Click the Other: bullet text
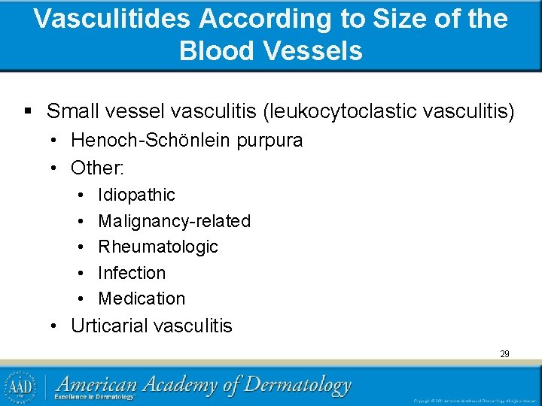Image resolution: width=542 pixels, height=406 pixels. pyautogui.click(x=97, y=166)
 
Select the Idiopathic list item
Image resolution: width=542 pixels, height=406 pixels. pyautogui.click(x=136, y=195)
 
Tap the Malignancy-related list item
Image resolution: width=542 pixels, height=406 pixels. pyautogui.click(x=174, y=221)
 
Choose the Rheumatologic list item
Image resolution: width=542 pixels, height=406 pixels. pyautogui.click(x=158, y=247)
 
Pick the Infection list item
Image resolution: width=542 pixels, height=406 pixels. pyautogui.click(x=132, y=273)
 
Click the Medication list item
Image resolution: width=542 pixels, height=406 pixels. pyautogui.click(x=142, y=298)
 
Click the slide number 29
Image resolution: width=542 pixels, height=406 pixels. pyautogui.click(x=504, y=353)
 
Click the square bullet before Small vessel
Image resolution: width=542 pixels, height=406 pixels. pyautogui.click(x=28, y=112)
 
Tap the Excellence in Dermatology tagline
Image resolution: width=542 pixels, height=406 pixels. pyautogui.click(x=94, y=397)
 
